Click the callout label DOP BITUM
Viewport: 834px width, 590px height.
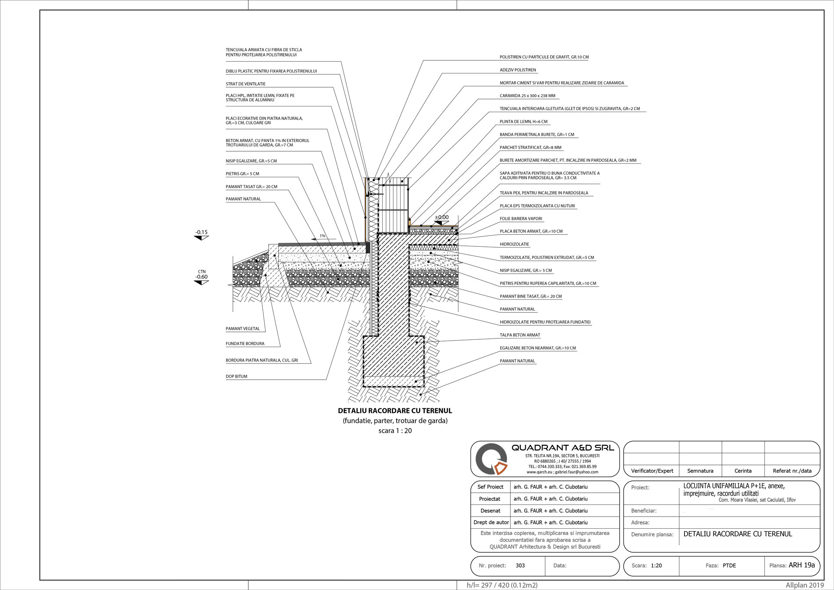[236, 376]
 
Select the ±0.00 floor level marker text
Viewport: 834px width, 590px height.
[442, 217]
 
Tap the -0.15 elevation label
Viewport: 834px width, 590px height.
[201, 232]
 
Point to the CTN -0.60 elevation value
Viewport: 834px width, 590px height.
[201, 277]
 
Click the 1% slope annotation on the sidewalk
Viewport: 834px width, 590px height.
[322, 236]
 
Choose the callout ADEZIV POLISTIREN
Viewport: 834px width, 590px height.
[518, 70]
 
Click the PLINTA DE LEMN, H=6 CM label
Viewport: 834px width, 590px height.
[523, 122]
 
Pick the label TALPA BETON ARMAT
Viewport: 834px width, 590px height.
[520, 335]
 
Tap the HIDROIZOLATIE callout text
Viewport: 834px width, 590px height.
[514, 244]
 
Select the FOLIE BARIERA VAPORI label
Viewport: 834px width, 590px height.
[521, 219]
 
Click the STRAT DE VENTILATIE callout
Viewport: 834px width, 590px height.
[245, 84]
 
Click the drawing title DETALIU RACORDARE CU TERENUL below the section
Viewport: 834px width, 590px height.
[395, 411]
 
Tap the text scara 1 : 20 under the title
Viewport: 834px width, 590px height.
[395, 431]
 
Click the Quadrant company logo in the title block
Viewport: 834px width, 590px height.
[491, 460]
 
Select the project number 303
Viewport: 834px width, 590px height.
[520, 565]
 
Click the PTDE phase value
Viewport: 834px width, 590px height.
[729, 566]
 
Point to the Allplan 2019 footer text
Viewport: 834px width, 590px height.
[804, 585]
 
